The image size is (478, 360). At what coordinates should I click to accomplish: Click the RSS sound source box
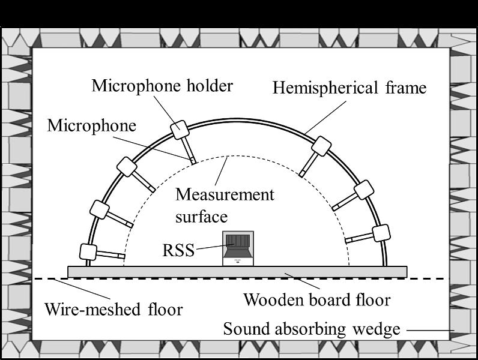(x=238, y=248)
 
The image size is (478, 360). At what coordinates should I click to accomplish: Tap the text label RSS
(x=178, y=250)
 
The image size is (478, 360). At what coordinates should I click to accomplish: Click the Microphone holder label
(x=163, y=86)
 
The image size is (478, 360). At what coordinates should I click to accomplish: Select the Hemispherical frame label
(x=349, y=88)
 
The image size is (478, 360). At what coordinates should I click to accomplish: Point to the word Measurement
(x=225, y=194)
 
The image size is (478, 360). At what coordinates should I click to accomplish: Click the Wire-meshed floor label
(x=113, y=310)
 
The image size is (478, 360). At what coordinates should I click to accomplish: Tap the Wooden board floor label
(x=317, y=300)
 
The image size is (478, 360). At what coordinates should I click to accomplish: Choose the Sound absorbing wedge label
(x=312, y=329)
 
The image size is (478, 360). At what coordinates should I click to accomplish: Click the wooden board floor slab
(x=237, y=272)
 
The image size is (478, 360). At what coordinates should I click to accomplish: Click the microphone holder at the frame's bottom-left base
(x=88, y=252)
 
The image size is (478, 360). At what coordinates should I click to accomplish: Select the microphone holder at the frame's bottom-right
(x=381, y=233)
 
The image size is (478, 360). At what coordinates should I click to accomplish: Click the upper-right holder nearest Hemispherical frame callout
(x=321, y=146)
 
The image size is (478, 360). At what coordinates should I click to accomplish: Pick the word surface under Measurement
(x=202, y=217)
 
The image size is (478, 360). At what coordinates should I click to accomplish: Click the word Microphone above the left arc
(x=91, y=125)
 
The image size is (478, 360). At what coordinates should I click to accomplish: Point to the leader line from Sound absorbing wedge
(x=431, y=330)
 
